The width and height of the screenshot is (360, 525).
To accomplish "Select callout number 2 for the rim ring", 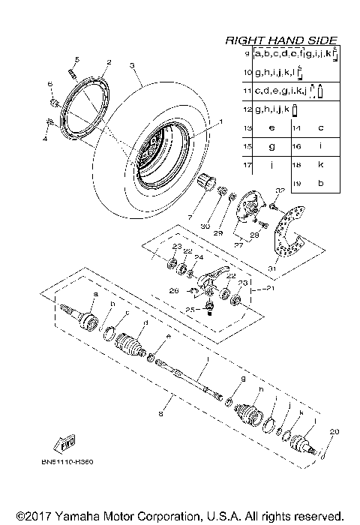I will click(109, 62).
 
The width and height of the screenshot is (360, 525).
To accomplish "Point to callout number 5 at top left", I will click(76, 59).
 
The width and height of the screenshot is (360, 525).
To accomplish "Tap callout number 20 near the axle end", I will click(334, 430).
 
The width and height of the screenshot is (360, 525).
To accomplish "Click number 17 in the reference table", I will click(247, 164).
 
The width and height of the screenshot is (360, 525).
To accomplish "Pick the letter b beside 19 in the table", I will click(320, 183).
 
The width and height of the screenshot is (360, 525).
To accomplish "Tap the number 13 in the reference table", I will click(247, 128).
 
